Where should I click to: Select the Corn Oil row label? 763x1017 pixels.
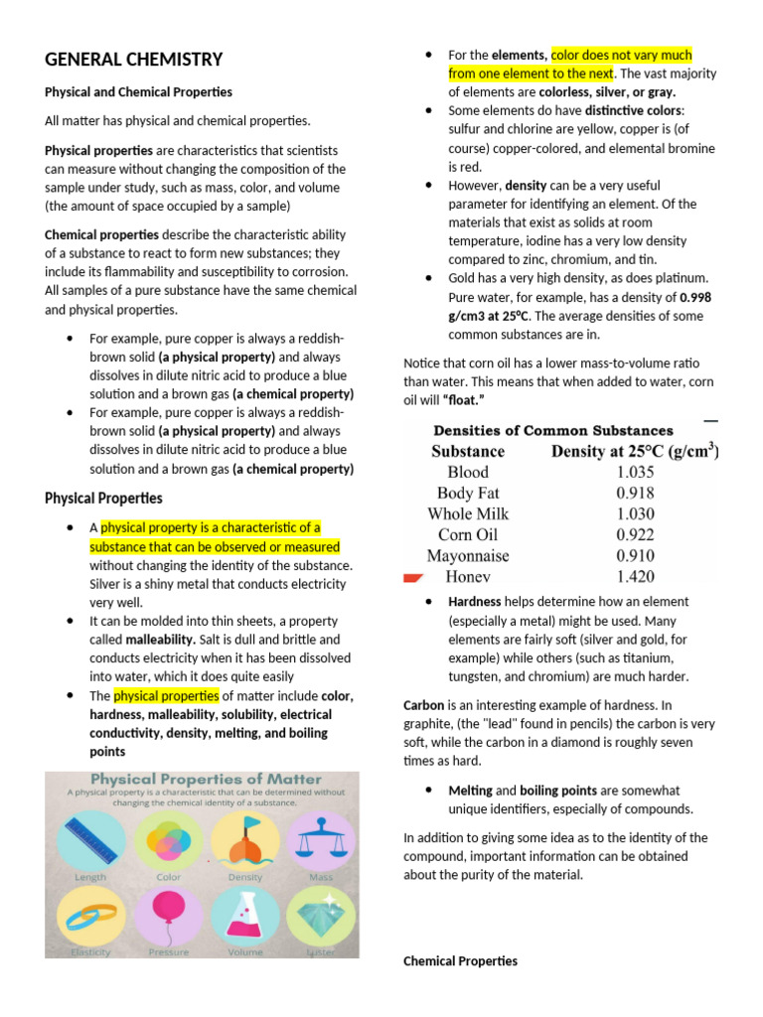pyautogui.click(x=467, y=534)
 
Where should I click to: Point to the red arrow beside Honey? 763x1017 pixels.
pyautogui.click(x=412, y=577)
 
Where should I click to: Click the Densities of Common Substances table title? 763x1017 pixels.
pyautogui.click(x=552, y=430)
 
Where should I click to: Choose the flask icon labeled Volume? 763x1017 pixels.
pyautogui.click(x=244, y=915)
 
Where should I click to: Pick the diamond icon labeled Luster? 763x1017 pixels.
pyautogui.click(x=320, y=915)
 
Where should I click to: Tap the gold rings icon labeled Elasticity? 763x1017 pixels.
pyautogui.click(x=90, y=915)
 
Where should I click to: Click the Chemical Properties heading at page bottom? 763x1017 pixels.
pyautogui.click(x=460, y=961)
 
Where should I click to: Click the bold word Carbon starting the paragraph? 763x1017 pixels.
pyautogui.click(x=423, y=704)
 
